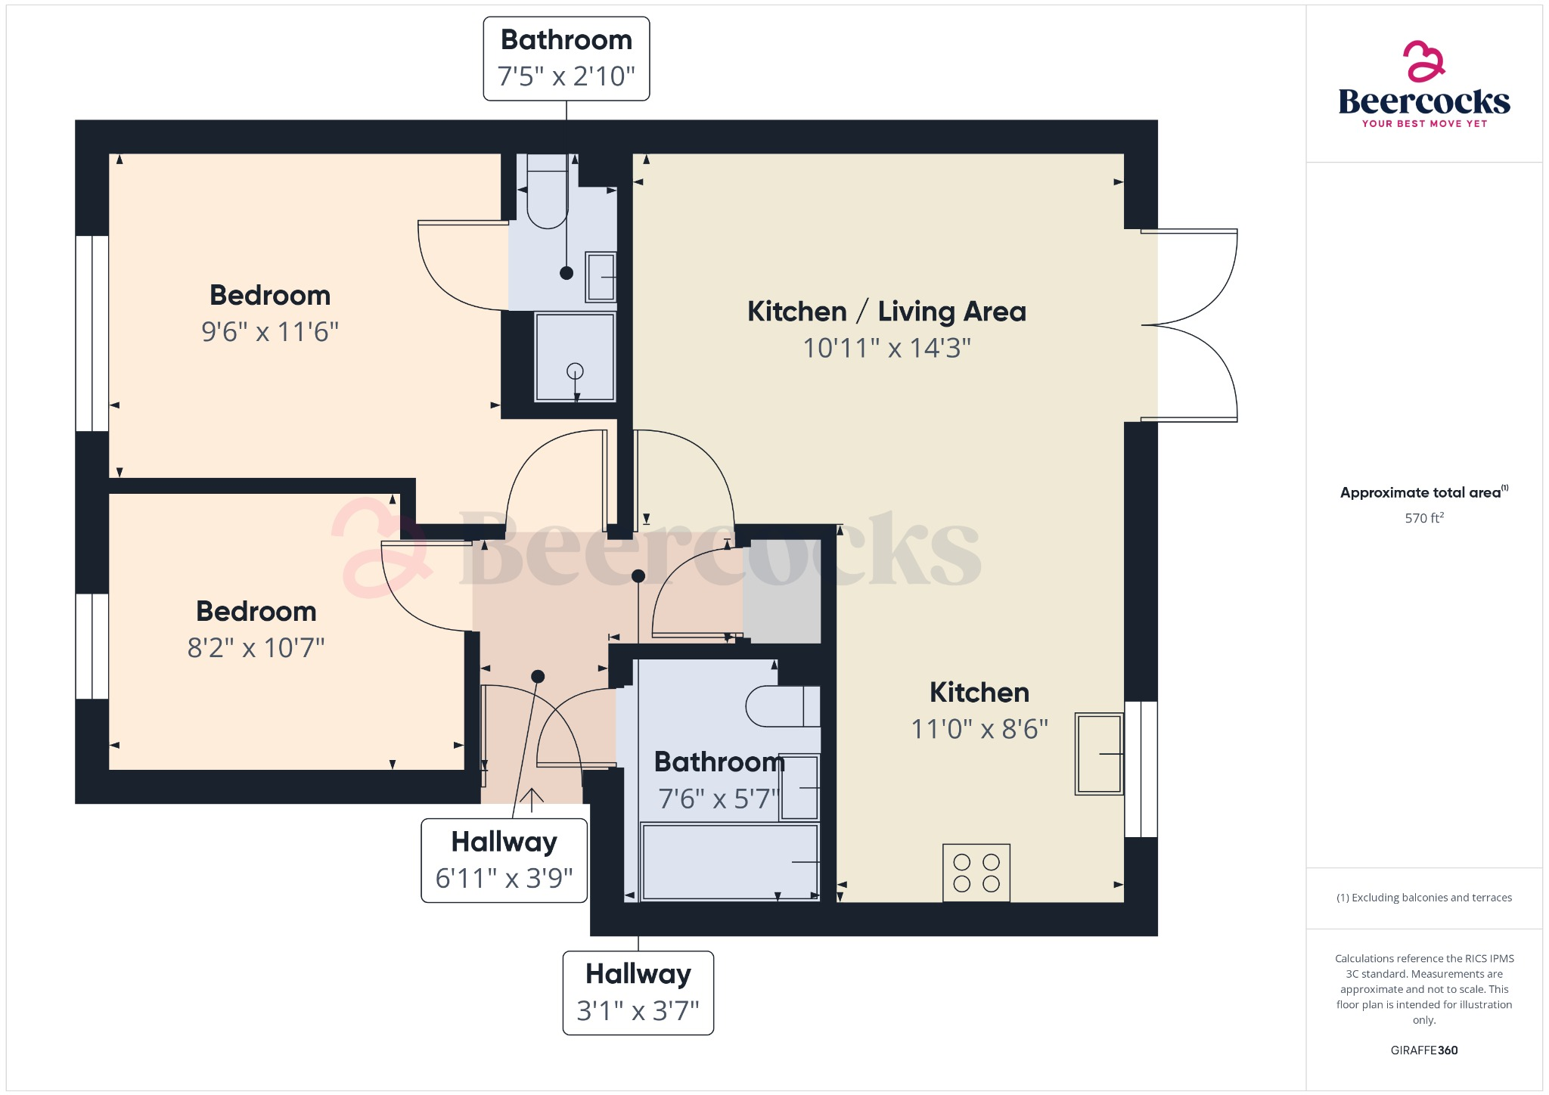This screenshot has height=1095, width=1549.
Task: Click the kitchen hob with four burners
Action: (x=976, y=873)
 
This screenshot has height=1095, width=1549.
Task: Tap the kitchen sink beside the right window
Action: (x=1099, y=753)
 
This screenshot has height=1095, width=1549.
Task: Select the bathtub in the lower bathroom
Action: (x=729, y=862)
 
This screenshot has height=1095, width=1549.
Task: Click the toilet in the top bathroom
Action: (x=547, y=193)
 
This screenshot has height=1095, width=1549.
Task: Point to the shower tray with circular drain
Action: (x=575, y=357)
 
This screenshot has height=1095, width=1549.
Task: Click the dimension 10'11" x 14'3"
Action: (x=886, y=348)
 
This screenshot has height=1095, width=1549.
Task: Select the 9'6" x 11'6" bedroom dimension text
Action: (x=270, y=331)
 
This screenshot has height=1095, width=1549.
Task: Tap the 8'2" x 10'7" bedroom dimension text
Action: (x=256, y=647)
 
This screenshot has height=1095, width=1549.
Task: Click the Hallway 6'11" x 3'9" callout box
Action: (x=504, y=861)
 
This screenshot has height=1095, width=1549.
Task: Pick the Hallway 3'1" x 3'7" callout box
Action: (x=638, y=992)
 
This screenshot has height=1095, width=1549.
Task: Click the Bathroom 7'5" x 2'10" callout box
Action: (x=566, y=58)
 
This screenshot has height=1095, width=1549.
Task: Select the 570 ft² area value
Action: (x=1423, y=518)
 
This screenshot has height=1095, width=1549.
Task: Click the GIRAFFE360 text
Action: (x=1423, y=1050)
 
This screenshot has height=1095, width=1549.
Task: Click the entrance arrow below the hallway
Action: (x=532, y=799)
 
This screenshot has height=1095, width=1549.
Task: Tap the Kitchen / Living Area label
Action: (x=886, y=312)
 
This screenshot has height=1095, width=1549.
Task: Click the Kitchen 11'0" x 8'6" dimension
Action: (x=979, y=729)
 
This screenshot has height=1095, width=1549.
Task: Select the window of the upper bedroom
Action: (x=92, y=333)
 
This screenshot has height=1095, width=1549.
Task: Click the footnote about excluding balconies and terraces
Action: (x=1423, y=898)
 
